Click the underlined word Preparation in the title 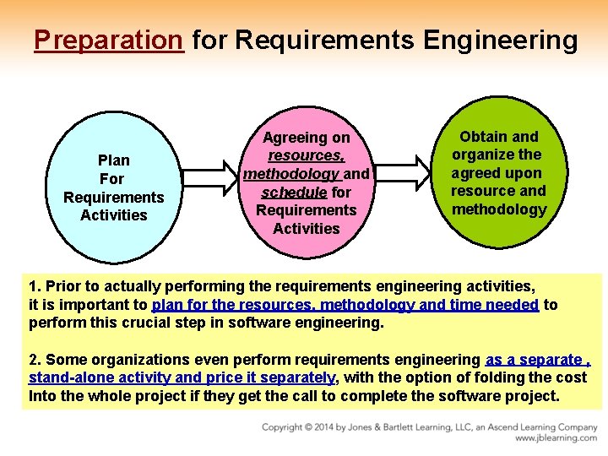tap(109, 40)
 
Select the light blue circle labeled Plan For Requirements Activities tap(113, 187)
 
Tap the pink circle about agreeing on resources tap(307, 182)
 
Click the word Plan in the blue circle tap(113, 160)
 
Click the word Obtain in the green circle tap(483, 136)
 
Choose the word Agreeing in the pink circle tap(294, 137)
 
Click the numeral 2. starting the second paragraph tap(35, 359)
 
